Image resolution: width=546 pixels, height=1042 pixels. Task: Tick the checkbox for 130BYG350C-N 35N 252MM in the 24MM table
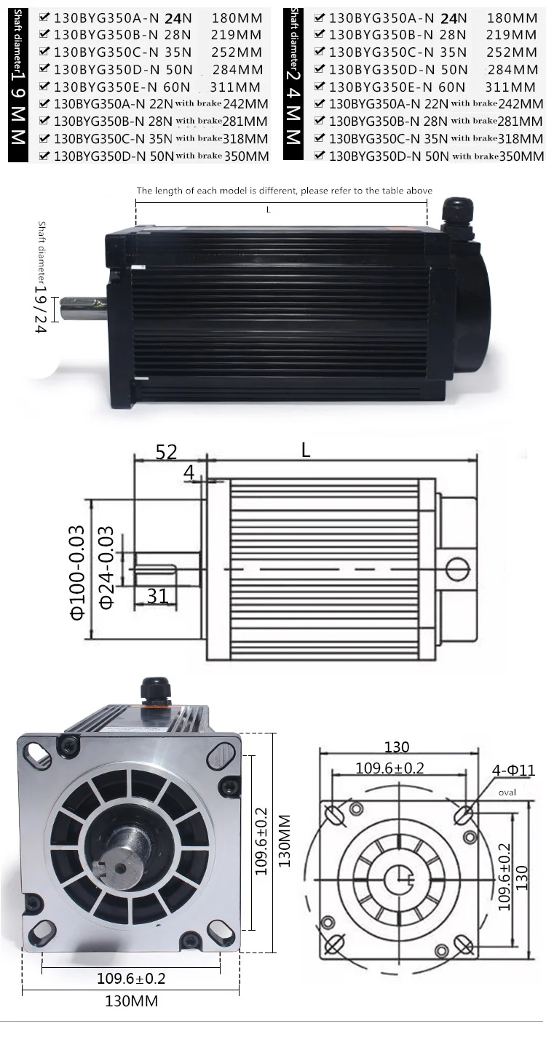click(320, 52)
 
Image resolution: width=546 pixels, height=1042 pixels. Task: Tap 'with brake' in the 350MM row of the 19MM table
click(198, 156)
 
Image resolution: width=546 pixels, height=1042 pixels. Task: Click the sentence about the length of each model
click(285, 191)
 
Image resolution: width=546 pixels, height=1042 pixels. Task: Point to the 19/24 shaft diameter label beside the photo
click(40, 305)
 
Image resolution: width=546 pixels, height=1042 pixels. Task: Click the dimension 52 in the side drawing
click(166, 452)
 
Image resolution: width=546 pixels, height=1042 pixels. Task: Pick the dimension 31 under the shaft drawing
click(157, 596)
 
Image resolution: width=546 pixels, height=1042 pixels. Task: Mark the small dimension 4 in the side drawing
click(189, 473)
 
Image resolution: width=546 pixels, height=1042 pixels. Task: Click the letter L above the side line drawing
click(306, 450)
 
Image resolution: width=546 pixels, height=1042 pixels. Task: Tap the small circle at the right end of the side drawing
click(457, 568)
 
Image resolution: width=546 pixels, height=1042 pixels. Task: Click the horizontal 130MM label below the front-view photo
click(132, 1001)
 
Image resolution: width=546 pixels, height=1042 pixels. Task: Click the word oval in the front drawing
click(507, 792)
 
